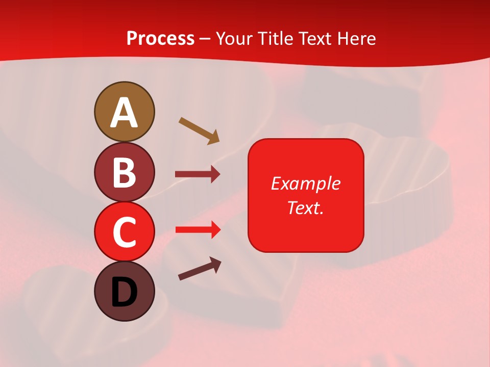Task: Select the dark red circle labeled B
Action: point(124,172)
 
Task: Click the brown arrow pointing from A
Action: point(199,130)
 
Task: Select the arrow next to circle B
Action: point(198,174)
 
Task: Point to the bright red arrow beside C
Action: point(198,230)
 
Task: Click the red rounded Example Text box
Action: point(306,195)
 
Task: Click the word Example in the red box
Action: point(306,183)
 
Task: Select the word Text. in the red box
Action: point(306,207)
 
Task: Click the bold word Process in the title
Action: point(160,38)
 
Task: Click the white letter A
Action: point(124,113)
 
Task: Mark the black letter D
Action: point(124,293)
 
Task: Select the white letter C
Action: point(124,232)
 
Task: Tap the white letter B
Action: point(124,172)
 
